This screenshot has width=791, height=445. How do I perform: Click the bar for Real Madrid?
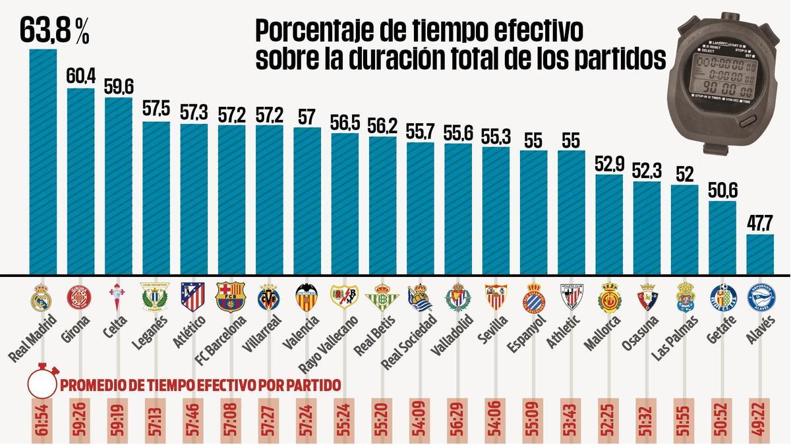(43, 162)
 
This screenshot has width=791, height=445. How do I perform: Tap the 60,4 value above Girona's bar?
(80, 75)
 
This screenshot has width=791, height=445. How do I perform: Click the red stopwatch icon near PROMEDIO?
(43, 384)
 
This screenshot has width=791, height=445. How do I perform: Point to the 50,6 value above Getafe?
(722, 189)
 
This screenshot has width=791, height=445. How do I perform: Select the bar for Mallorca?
(609, 225)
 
